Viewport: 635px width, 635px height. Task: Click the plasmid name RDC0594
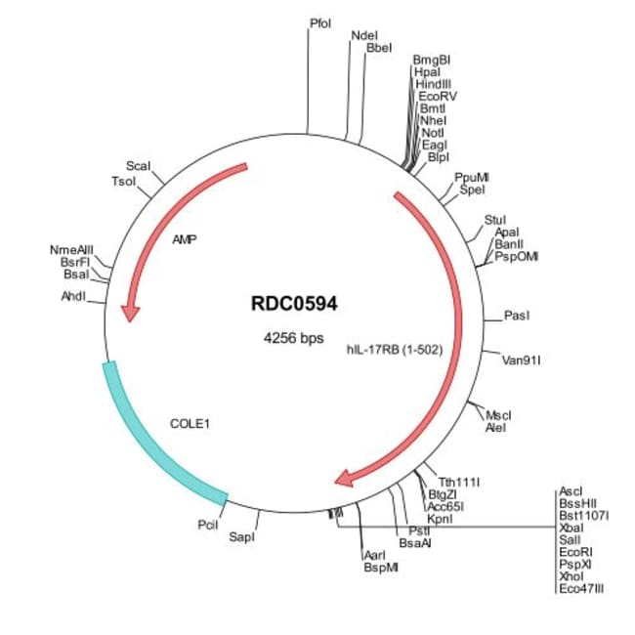pyautogui.click(x=294, y=303)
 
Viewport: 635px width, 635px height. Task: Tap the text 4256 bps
pyautogui.click(x=294, y=337)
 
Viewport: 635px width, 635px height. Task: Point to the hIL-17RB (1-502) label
pyautogui.click(x=395, y=350)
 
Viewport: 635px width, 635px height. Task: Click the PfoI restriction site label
pyautogui.click(x=320, y=23)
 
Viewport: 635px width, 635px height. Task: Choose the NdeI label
pyautogui.click(x=364, y=35)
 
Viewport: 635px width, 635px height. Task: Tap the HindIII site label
pyautogui.click(x=434, y=84)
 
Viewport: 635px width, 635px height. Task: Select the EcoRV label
pyautogui.click(x=438, y=97)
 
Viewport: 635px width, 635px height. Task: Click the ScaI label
pyautogui.click(x=138, y=166)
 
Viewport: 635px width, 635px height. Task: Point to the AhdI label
pyautogui.click(x=73, y=296)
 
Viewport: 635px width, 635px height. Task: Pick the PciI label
pyautogui.click(x=208, y=525)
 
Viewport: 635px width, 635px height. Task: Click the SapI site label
pyautogui.click(x=241, y=537)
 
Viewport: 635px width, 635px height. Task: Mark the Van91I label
pyautogui.click(x=522, y=360)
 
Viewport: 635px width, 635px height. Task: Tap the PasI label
pyautogui.click(x=517, y=316)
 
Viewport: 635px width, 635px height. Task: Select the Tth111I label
pyautogui.click(x=459, y=483)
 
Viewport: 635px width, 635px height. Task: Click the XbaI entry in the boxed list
pyautogui.click(x=571, y=528)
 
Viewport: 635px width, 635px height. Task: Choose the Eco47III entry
pyautogui.click(x=581, y=588)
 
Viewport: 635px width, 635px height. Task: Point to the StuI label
pyautogui.click(x=495, y=220)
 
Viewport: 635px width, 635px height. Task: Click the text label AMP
pyautogui.click(x=185, y=239)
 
